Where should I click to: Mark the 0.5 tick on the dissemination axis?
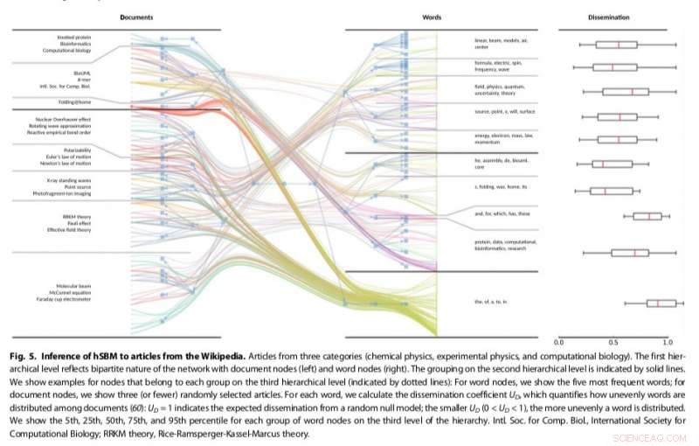(614, 343)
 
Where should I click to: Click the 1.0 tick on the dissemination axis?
(668, 343)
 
